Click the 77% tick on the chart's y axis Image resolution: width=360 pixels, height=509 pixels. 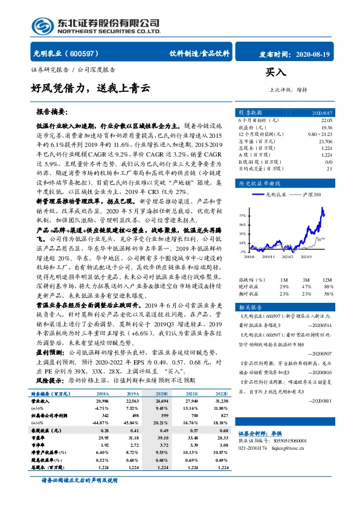click(242, 215)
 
